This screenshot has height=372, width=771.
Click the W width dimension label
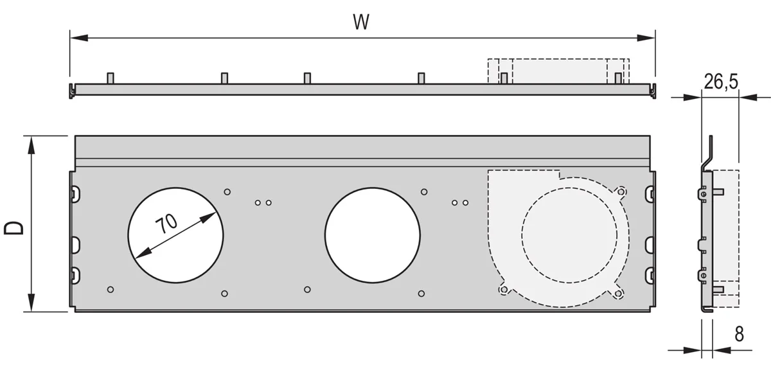pos(361,22)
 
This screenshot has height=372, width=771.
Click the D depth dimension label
pos(14,228)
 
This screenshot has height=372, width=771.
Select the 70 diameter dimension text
pos(166,224)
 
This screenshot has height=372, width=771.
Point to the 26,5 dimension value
pos(721,82)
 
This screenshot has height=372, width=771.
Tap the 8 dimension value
pos(739,334)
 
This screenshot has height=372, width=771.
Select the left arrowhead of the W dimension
pos(79,38)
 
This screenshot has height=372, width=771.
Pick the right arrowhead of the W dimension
pos(646,38)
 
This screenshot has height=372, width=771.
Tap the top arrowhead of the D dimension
pos(31,145)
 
